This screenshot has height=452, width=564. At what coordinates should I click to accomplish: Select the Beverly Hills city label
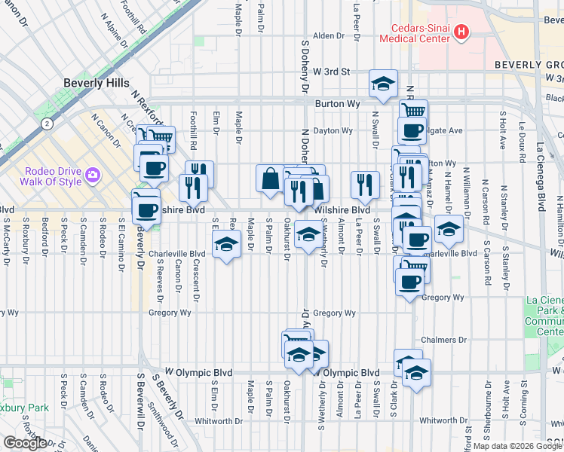click(96, 83)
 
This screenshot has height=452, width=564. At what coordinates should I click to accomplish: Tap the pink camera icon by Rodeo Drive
click(93, 175)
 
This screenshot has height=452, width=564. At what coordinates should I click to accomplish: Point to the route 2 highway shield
click(48, 122)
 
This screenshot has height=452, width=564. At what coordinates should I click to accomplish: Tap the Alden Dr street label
click(328, 35)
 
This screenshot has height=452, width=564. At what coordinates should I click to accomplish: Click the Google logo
click(25, 443)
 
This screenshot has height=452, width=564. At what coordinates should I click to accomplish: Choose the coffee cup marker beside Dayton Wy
click(412, 130)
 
